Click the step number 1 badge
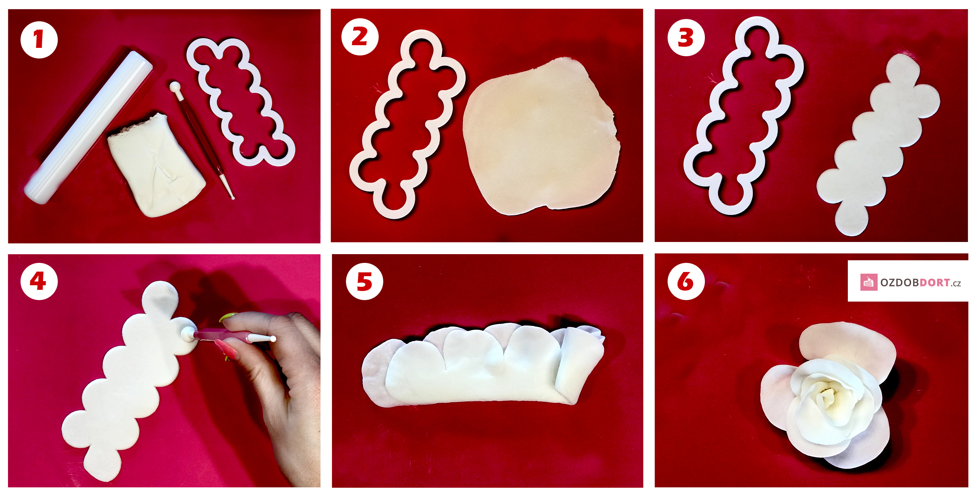[39, 40]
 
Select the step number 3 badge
[686, 37]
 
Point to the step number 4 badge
[39, 281]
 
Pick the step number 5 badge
[364, 281]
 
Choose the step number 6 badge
[686, 281]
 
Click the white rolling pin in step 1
[88, 127]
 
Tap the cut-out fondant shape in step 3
[878, 144]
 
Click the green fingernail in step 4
[228, 317]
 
